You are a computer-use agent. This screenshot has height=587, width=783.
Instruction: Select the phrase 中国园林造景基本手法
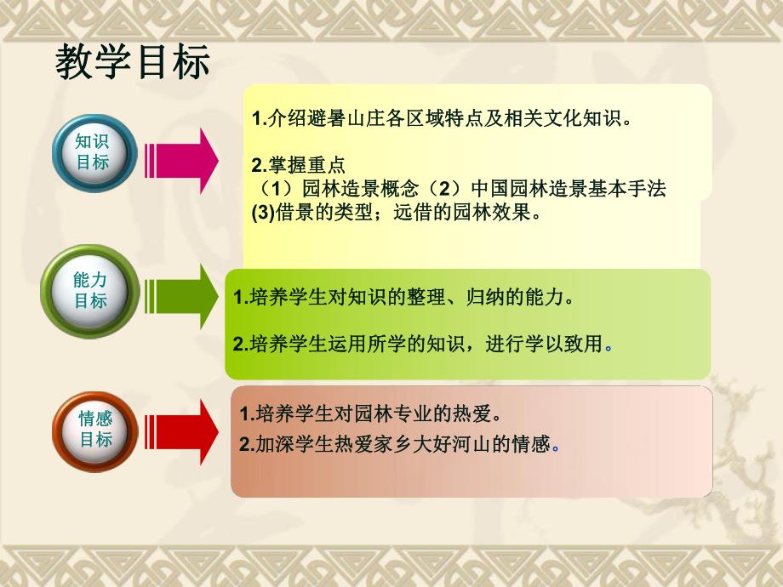[x=568, y=189]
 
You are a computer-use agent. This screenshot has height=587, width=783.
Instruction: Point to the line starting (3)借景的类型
[x=397, y=214]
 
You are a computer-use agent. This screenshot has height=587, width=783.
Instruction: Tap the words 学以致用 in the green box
[x=567, y=344]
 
